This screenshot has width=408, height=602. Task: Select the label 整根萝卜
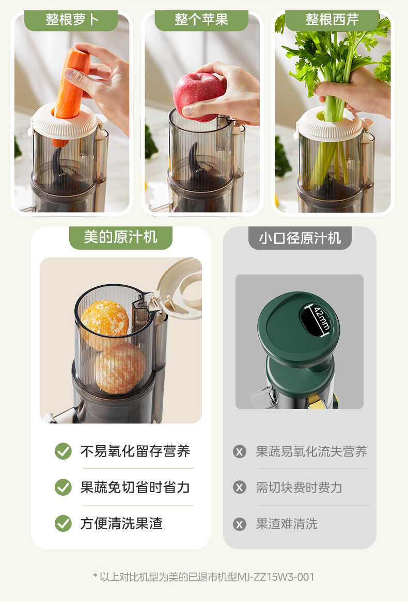point(72,20)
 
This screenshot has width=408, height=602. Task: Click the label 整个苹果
point(201,20)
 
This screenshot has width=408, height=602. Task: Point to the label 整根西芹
point(332,20)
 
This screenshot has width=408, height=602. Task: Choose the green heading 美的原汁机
point(120,237)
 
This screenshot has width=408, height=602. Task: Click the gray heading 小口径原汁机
point(300,238)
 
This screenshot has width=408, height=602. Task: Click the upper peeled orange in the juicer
point(105,318)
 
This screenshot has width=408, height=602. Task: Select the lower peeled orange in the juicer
point(120,368)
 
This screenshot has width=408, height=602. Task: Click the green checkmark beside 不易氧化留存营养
point(63,451)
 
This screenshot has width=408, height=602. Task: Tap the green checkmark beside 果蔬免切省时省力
point(63,487)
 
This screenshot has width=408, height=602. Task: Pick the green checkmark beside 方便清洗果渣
point(63,524)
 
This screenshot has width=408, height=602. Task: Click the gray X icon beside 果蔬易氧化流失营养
point(240,452)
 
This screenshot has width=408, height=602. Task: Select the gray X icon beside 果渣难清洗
point(240,524)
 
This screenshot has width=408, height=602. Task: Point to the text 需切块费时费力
point(299,488)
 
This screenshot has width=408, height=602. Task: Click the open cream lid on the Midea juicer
point(181,286)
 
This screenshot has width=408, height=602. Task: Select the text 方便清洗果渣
point(121,524)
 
